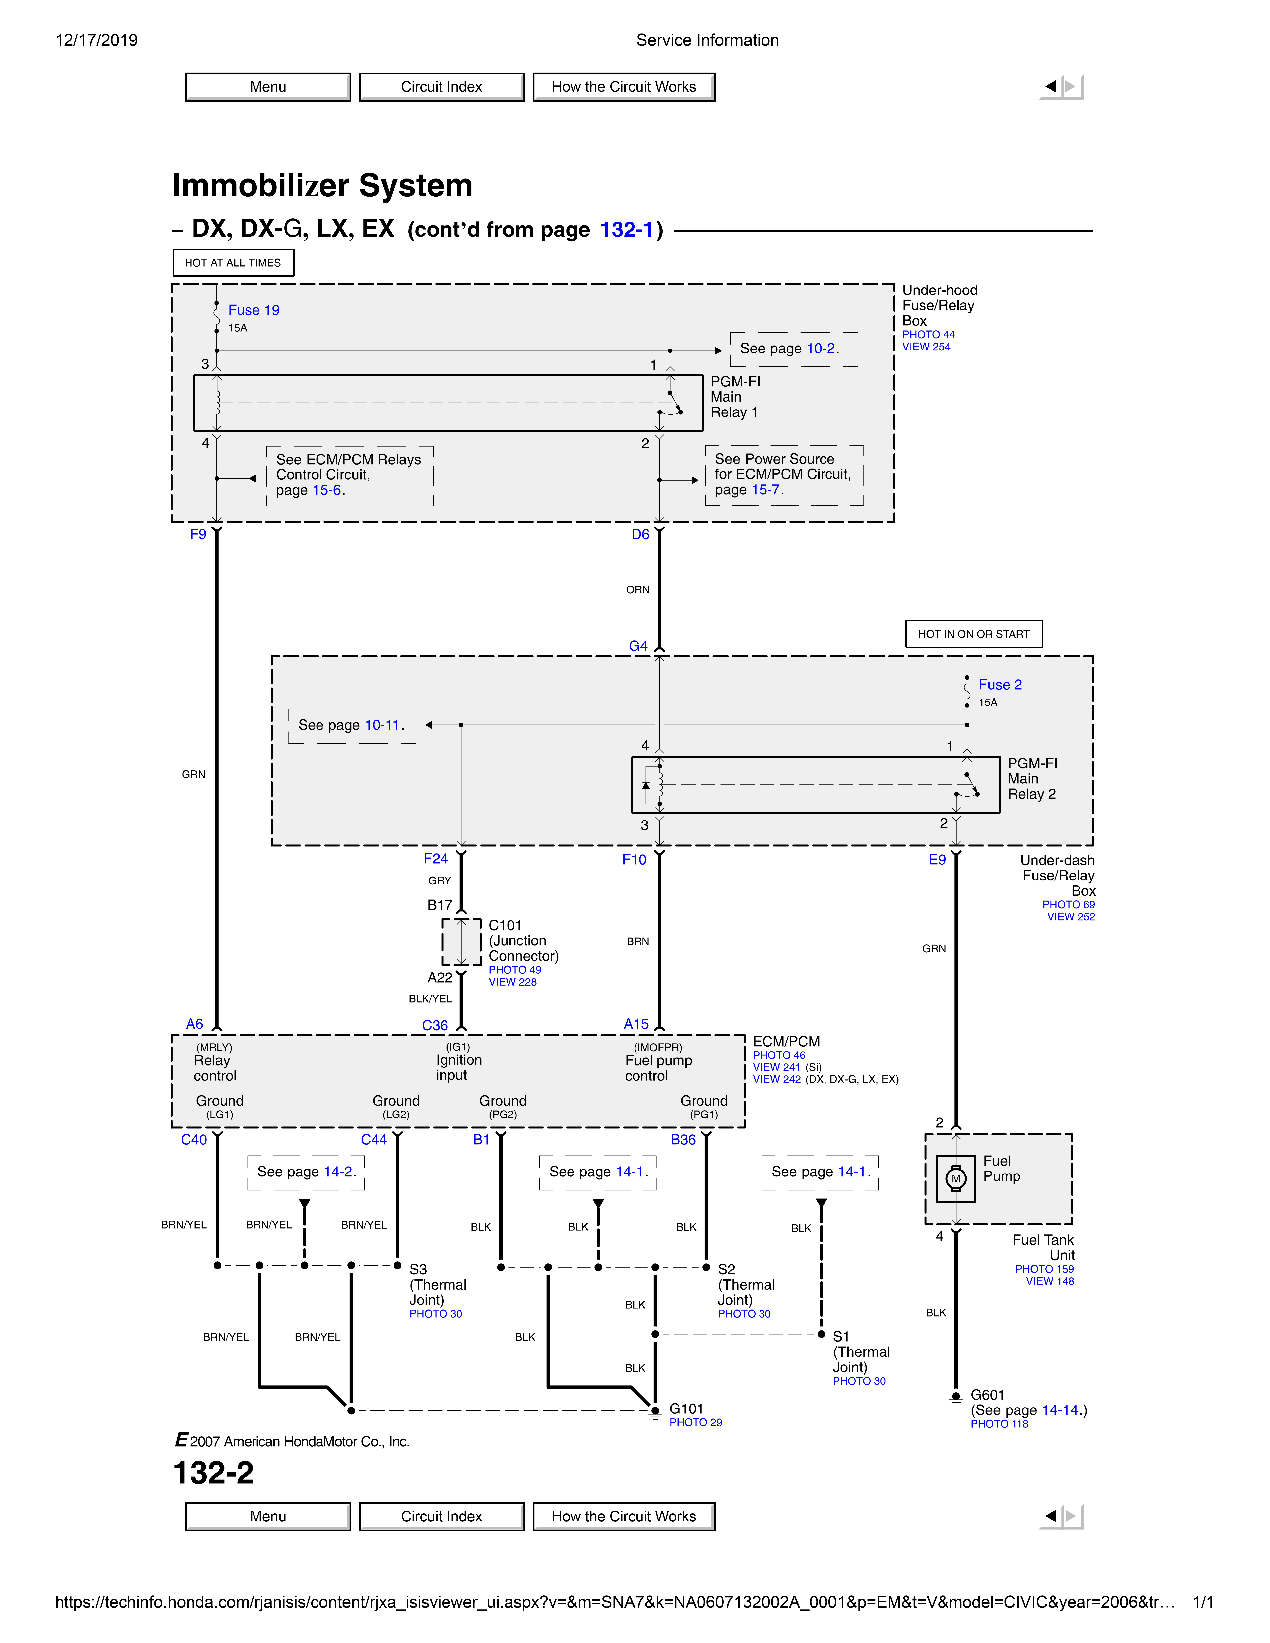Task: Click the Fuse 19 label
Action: [254, 310]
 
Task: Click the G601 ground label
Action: [987, 1395]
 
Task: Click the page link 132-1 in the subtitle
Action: [626, 230]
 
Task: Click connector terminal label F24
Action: [436, 858]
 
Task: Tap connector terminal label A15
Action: [636, 1024]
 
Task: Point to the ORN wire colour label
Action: [637, 590]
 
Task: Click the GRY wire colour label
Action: [439, 880]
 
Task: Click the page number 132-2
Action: [214, 1472]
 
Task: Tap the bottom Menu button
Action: [268, 1516]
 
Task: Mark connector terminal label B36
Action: [682, 1140]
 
